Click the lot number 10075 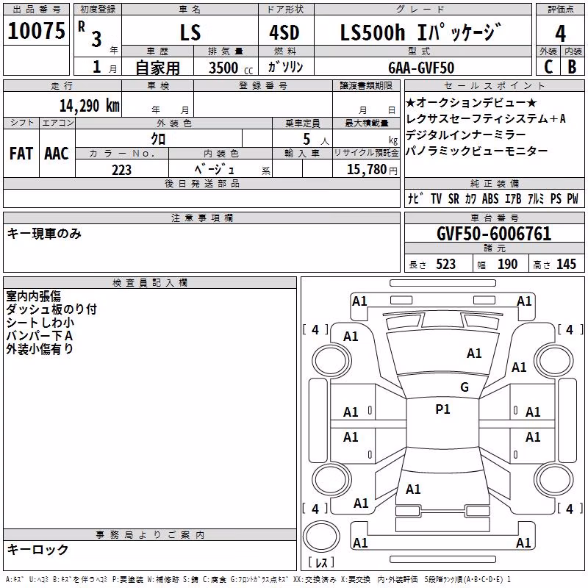point(36,31)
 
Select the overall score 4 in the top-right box point(560,34)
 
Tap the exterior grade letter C point(548,67)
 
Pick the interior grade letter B point(573,67)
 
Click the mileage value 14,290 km point(90,106)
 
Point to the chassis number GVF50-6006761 point(494,234)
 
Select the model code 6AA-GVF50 point(421,68)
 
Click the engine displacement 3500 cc point(231,68)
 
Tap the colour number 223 point(121,170)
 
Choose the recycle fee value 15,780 point(367,170)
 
